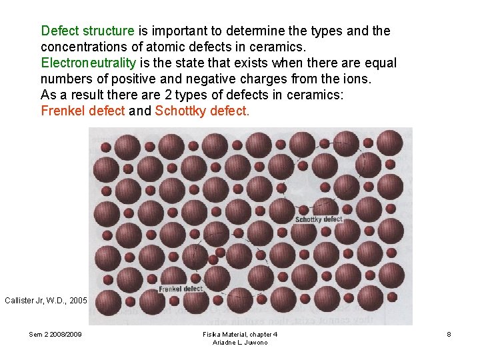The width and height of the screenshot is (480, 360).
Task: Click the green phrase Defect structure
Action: click(x=87, y=31)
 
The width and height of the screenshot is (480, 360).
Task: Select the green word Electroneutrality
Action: click(x=88, y=63)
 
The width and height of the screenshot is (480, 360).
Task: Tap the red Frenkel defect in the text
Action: click(x=83, y=111)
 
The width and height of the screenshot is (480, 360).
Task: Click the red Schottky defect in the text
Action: click(x=202, y=111)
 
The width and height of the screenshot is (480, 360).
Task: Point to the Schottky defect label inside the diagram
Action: click(x=319, y=219)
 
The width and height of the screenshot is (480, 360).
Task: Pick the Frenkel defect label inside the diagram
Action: click(x=181, y=289)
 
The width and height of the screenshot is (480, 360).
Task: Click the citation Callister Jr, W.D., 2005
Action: click(x=45, y=301)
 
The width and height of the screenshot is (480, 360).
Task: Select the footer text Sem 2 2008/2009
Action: click(x=55, y=334)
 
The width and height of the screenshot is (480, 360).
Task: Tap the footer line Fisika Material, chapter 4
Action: click(x=240, y=334)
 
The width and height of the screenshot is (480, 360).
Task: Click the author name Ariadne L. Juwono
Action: click(x=240, y=342)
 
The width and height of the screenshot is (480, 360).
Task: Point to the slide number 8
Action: click(x=449, y=334)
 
